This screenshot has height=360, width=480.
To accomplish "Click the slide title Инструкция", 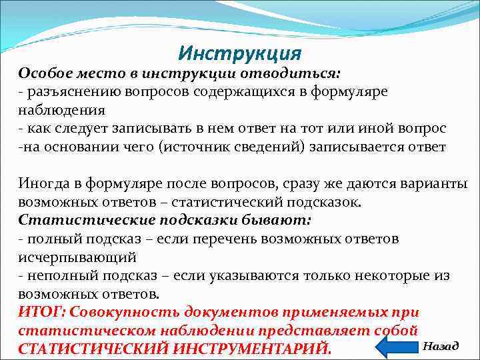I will pos(241,52).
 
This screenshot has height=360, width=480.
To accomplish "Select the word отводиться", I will pos(299,72).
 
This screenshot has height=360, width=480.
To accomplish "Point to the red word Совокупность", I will pos(125,312).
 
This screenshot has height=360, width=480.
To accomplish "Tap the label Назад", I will pos(440,345).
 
